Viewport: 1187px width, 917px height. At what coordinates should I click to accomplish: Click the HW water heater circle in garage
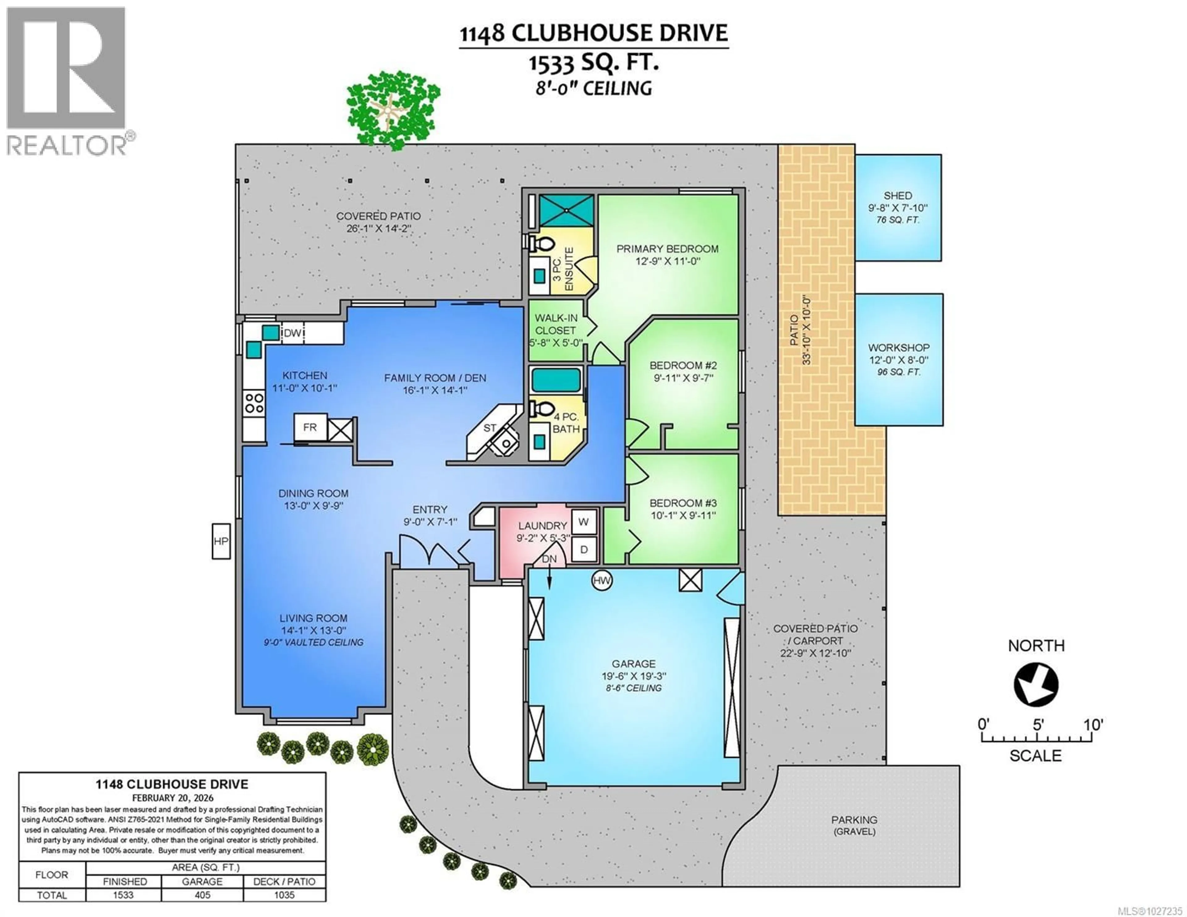pyautogui.click(x=601, y=580)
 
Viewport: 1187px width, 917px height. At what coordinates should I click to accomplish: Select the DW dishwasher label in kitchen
pyautogui.click(x=292, y=333)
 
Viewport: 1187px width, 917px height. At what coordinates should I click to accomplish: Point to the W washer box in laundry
pyautogui.click(x=584, y=522)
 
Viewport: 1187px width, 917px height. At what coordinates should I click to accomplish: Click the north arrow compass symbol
pyautogui.click(x=1036, y=684)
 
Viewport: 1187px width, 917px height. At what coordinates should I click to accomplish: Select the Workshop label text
pyautogui.click(x=898, y=347)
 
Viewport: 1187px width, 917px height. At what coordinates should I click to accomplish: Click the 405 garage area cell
pyautogui.click(x=202, y=895)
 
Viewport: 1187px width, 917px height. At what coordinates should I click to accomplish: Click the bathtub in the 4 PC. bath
pyautogui.click(x=555, y=380)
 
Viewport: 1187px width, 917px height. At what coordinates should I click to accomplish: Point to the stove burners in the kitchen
pyautogui.click(x=254, y=404)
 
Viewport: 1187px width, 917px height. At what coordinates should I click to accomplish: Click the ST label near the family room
pyautogui.click(x=490, y=428)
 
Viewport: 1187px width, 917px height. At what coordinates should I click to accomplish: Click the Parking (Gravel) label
pyautogui.click(x=854, y=825)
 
